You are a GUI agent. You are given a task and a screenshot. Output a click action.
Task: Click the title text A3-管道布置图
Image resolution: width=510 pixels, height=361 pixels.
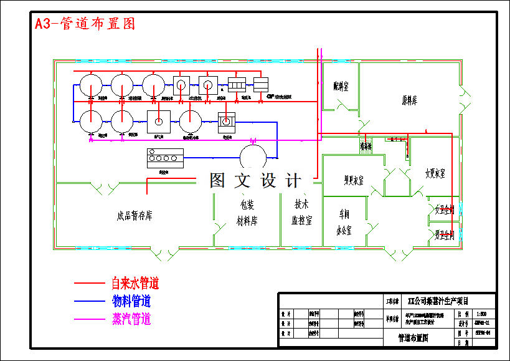click(x=85, y=24)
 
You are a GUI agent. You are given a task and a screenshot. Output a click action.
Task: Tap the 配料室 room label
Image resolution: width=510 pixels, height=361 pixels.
click(x=341, y=87)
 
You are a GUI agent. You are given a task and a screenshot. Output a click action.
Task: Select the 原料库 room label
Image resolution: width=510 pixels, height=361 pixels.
click(x=409, y=100)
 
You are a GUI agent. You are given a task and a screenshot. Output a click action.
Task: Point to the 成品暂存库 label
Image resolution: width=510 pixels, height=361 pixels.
click(x=135, y=216)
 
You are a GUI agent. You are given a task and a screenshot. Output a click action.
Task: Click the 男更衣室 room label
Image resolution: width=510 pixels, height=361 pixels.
click(x=354, y=181)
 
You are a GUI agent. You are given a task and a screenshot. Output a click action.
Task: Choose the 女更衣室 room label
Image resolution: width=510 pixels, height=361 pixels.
click(x=435, y=173)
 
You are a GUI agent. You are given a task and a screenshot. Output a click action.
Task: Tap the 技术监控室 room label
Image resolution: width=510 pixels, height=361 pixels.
click(x=302, y=212)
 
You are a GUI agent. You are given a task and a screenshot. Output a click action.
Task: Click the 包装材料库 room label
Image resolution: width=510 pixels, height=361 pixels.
click(x=247, y=212)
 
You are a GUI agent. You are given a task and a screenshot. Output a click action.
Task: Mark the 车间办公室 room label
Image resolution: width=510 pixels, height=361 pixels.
click(x=344, y=221)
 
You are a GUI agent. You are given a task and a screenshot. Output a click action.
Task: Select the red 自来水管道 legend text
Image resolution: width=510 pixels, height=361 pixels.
click(x=135, y=284)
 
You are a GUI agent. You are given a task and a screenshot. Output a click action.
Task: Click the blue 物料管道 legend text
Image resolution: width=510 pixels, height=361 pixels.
click(x=131, y=302)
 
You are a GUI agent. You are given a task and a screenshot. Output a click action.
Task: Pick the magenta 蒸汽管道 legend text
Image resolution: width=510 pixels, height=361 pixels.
click(x=131, y=320)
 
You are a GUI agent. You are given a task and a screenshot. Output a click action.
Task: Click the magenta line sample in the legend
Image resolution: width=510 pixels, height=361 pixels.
click(x=90, y=320)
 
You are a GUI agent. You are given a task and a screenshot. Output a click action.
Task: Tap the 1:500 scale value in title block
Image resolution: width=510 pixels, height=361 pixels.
click(x=482, y=314)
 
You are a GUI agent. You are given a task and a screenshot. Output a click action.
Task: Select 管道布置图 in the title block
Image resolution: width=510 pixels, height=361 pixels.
click(x=413, y=338)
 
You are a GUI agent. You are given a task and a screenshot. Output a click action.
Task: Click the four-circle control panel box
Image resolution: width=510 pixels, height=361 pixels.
click(x=165, y=158)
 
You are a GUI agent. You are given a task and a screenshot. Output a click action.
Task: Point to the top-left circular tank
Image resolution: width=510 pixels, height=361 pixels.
click(x=91, y=85)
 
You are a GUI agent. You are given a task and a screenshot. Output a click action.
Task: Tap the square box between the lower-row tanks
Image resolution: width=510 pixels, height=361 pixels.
click(x=159, y=121)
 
